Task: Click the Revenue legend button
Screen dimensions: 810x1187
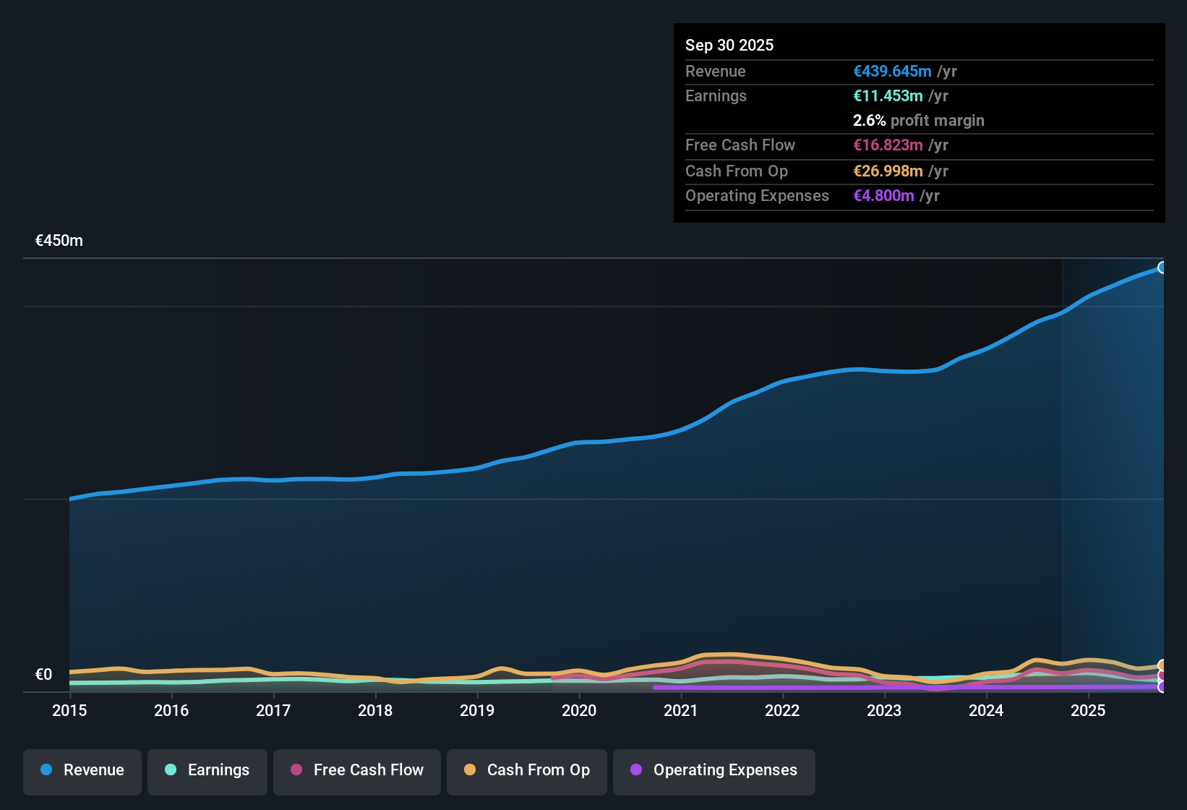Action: click(82, 770)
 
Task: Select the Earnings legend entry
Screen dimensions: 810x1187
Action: click(207, 770)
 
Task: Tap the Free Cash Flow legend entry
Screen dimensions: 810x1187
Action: click(357, 770)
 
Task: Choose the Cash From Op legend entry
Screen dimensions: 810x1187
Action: click(527, 770)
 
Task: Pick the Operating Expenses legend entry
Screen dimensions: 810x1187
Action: click(714, 770)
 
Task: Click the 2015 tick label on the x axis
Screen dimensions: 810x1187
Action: click(69, 710)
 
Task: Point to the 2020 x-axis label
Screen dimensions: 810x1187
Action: click(579, 710)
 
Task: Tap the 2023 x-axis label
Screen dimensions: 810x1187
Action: click(884, 710)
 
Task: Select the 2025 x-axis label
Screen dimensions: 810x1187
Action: click(1088, 710)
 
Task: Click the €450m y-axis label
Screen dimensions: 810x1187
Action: click(59, 241)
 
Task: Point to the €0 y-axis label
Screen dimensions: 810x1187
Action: click(44, 675)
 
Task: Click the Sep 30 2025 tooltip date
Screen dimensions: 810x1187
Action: click(729, 46)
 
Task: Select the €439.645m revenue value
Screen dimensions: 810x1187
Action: click(892, 72)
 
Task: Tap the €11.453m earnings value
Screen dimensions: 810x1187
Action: click(888, 96)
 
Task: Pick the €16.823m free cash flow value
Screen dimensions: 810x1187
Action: click(888, 145)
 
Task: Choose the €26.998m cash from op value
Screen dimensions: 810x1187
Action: click(888, 171)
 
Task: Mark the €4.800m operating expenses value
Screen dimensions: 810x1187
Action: click(883, 196)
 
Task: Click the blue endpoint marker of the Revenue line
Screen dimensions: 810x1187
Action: click(1162, 268)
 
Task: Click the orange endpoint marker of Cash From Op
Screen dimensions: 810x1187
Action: click(1162, 665)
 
